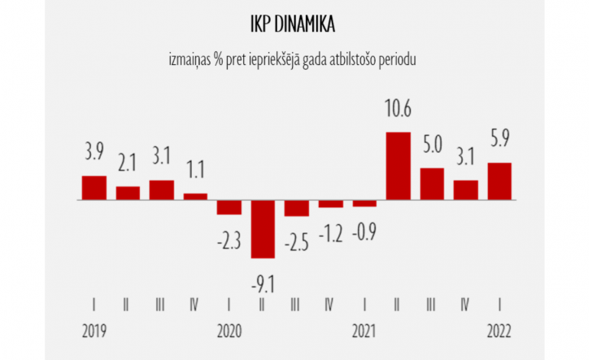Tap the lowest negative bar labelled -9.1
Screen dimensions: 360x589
tap(263, 229)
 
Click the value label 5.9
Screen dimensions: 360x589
tap(499, 142)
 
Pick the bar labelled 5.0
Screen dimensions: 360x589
tap(432, 184)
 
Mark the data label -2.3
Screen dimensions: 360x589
tap(229, 242)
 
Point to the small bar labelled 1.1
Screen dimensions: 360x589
tap(196, 196)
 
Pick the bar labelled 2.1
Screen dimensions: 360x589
tap(128, 193)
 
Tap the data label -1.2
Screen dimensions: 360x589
tap(330, 232)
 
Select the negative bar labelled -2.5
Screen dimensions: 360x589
tap(297, 208)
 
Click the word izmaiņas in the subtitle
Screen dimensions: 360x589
tap(187, 58)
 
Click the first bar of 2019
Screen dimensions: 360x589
tap(94, 188)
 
